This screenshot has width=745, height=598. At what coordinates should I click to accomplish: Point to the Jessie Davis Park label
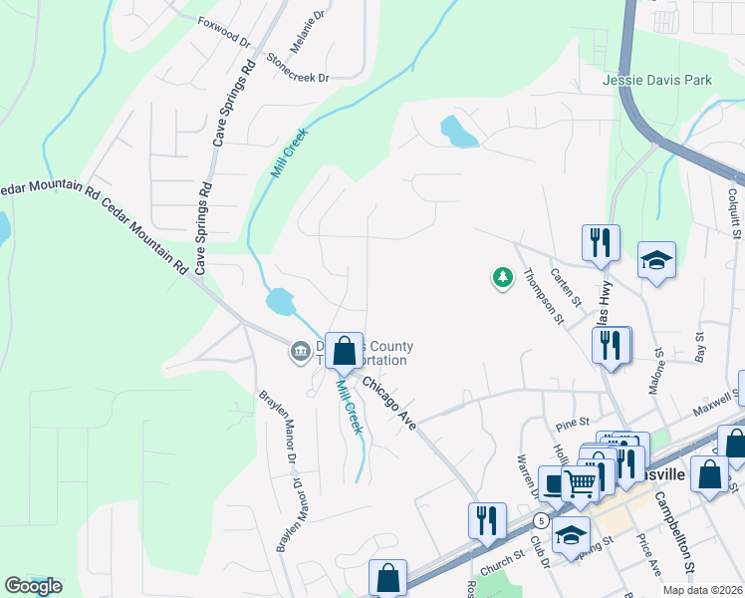coord(657,80)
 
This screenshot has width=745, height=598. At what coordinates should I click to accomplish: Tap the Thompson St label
coord(544,297)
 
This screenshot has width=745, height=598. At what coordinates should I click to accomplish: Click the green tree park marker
coord(503,277)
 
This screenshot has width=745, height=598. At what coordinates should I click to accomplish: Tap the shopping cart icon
coord(579,484)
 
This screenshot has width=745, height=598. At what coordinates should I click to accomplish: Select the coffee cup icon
coord(554,481)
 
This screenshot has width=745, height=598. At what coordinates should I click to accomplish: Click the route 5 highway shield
coord(540,521)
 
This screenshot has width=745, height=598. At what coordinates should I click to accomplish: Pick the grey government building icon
coord(300,351)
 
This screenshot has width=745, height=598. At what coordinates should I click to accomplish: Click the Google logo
coord(32,586)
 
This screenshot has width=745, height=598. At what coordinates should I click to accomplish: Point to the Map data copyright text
coord(703,590)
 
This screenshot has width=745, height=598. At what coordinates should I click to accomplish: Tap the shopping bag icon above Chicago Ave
coord(344,351)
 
